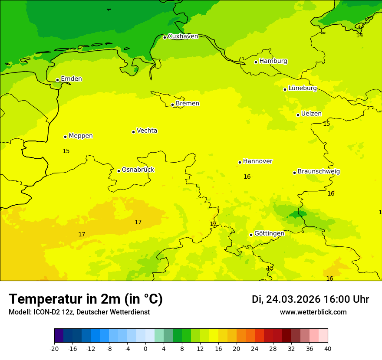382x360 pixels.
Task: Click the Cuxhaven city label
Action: (x=183, y=36)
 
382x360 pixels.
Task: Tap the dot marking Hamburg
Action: (x=256, y=62)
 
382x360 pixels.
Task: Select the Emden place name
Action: (x=71, y=79)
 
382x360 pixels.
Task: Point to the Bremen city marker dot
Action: (x=172, y=105)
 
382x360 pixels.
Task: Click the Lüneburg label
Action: (x=303, y=88)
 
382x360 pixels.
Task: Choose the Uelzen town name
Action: (x=311, y=114)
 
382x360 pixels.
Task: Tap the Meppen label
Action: (x=81, y=136)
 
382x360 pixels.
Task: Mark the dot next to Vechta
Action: (x=133, y=132)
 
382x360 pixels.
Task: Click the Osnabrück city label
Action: (x=138, y=170)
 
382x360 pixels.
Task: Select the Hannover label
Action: (x=257, y=161)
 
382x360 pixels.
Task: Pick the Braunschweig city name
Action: (x=319, y=172)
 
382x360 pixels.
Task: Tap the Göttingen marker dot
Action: (x=251, y=235)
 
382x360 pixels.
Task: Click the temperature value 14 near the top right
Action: (x=359, y=36)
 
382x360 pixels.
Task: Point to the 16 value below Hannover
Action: (x=247, y=177)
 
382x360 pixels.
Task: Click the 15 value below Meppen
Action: (x=66, y=151)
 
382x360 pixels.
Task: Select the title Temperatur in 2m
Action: (x=86, y=299)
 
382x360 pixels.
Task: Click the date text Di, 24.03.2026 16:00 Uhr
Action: (x=310, y=300)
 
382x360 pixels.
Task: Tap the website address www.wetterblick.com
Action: (x=313, y=312)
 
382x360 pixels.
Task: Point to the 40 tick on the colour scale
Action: (x=327, y=348)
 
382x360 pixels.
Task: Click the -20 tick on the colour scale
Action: (x=54, y=348)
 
